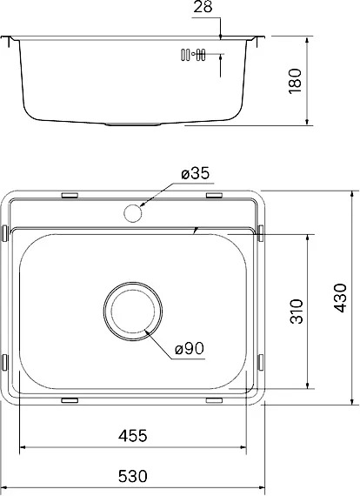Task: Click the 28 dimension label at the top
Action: pos(203,7)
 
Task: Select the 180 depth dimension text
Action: pos(295,81)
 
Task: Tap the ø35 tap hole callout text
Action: pos(196,174)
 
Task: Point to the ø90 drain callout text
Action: pos(190,349)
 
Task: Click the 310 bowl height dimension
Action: pos(297,312)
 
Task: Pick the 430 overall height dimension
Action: pos(340,298)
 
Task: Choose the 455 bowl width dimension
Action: pos(133,436)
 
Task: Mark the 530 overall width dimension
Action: pos(133,476)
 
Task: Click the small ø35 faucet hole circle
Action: pos(133,213)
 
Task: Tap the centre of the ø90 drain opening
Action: pos(133,311)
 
